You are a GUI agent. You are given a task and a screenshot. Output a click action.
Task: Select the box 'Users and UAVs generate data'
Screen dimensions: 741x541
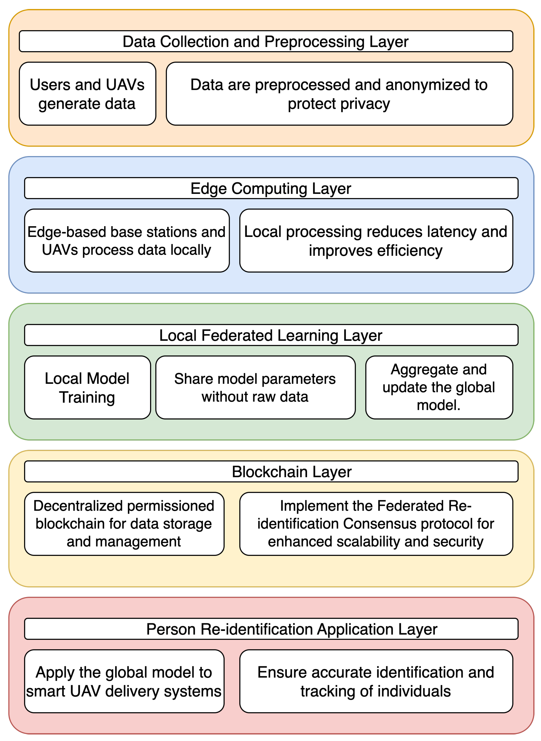tap(87, 94)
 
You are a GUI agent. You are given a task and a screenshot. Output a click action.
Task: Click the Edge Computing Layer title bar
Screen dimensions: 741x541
tap(271, 189)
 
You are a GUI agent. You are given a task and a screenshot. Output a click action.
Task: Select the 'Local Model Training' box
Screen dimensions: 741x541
tap(87, 388)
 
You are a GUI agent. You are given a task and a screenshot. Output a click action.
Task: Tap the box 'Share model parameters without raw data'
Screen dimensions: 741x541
tap(255, 388)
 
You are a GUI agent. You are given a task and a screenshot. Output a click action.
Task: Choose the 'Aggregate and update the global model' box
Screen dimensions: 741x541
tap(439, 388)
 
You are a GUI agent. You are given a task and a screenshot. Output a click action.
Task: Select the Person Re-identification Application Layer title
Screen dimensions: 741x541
tap(292, 629)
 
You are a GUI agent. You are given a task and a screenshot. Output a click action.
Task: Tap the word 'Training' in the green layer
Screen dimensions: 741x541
tap(87, 397)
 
